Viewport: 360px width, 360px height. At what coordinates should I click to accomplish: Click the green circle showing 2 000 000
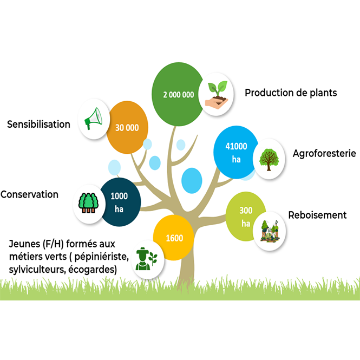179,94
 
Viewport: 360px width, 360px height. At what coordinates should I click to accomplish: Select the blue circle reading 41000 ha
236,152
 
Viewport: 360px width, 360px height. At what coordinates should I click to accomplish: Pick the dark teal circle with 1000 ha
120,202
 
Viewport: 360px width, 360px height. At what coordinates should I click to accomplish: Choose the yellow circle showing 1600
174,238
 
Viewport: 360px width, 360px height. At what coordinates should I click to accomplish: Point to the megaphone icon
94,119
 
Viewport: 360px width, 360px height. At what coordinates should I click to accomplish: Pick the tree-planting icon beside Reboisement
270,231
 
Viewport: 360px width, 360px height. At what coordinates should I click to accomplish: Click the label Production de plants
291,93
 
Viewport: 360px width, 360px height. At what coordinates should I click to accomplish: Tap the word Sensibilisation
38,125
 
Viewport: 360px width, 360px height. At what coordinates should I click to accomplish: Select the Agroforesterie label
324,153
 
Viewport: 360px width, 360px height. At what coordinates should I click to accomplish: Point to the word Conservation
29,194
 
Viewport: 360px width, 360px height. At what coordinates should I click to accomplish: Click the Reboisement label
317,215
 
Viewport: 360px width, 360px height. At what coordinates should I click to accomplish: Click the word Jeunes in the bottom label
21,244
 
